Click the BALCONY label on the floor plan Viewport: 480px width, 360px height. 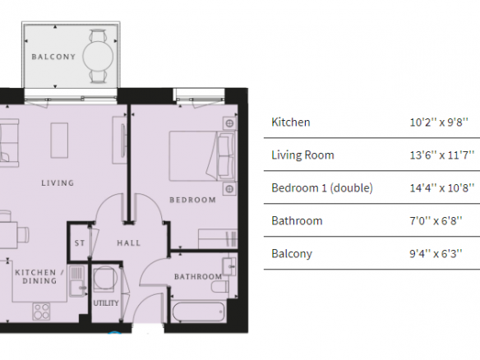point(53,57)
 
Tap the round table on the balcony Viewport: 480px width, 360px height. point(98,57)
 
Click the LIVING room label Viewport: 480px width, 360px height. point(58,183)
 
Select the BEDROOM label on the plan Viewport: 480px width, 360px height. point(192,200)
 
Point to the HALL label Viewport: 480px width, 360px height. point(128,243)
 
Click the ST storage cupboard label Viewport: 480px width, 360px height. point(80,243)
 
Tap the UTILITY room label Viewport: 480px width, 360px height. point(105,303)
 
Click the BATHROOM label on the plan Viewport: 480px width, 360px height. point(198,277)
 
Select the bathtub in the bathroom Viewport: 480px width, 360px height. point(198,312)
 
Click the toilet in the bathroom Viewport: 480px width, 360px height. point(219,287)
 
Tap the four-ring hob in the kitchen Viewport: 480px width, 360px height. point(41,312)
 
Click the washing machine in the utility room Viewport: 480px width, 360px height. point(105,279)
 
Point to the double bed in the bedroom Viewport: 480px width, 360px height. point(203,156)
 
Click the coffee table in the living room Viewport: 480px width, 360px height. point(59,141)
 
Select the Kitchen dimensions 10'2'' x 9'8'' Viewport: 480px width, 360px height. point(439,122)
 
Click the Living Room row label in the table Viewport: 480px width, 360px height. point(302,155)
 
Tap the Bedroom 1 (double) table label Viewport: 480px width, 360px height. point(322,188)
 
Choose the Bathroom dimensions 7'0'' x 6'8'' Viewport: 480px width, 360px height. point(436,221)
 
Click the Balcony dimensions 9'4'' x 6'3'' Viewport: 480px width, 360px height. point(436,254)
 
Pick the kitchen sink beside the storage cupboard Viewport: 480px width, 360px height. point(77,281)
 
